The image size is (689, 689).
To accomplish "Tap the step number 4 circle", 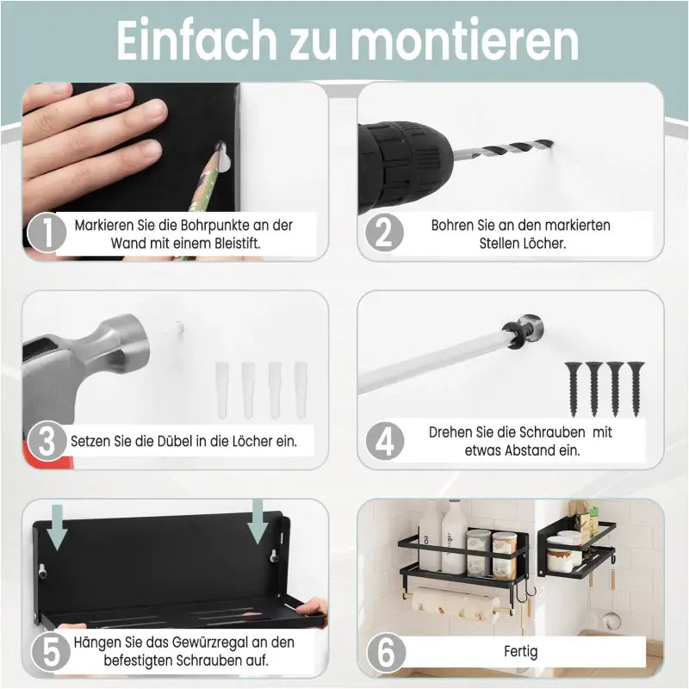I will (386, 442).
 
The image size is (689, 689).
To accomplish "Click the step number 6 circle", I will (386, 651).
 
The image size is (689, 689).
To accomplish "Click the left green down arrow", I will (57, 527).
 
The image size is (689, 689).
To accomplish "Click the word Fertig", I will (520, 651).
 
